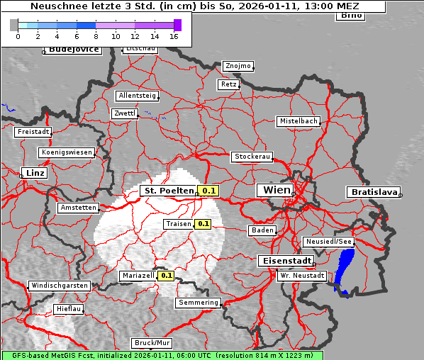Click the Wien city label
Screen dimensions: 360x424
(277, 190)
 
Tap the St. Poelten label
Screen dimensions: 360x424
(168, 191)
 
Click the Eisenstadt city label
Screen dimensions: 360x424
(284, 261)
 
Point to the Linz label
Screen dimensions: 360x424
(33, 173)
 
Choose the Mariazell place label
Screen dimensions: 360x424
(138, 275)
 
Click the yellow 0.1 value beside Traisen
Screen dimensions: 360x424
(203, 224)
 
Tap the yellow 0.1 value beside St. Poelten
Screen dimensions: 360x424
(208, 191)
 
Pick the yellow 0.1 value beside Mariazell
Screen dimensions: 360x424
(167, 275)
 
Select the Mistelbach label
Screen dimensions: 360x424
(299, 121)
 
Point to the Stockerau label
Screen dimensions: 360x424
(252, 157)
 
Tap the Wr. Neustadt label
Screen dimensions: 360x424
(302, 275)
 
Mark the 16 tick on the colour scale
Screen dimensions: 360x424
(174, 35)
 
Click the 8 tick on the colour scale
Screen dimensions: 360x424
(96, 35)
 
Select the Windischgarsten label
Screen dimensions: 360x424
(60, 286)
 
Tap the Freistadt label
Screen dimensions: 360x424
(33, 132)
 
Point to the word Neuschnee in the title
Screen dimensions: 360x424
(57, 6)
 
